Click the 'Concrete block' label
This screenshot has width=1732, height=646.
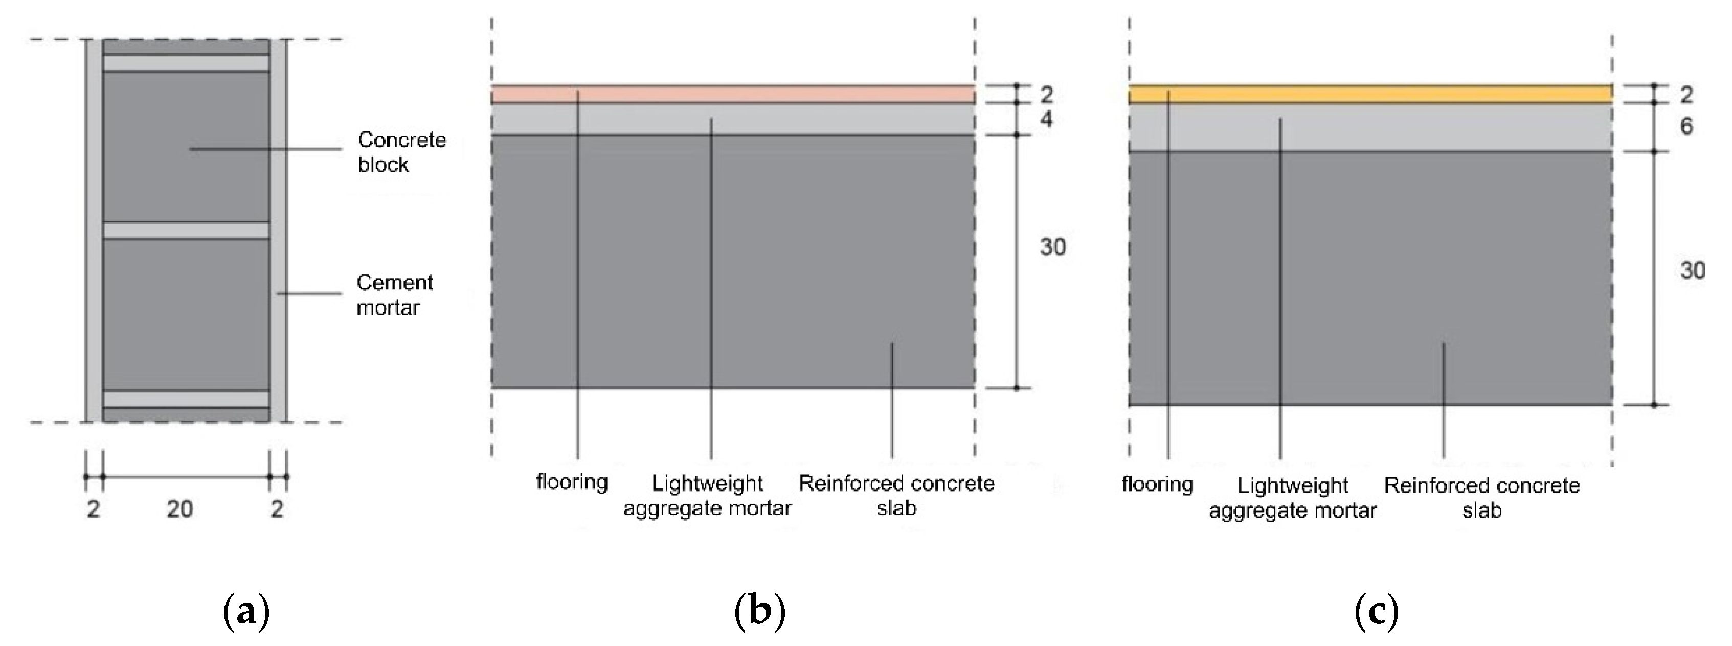click(x=401, y=152)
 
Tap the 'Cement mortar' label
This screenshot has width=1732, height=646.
click(x=395, y=295)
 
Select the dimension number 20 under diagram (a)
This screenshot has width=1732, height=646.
click(x=179, y=509)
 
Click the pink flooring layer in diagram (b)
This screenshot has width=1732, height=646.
click(x=733, y=94)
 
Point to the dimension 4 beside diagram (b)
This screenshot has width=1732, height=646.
click(x=1046, y=120)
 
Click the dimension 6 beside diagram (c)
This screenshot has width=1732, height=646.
click(x=1686, y=126)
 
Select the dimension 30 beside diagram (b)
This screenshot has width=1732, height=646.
click(x=1053, y=248)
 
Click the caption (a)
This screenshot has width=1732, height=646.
click(x=245, y=612)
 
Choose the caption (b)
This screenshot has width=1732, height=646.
click(x=760, y=612)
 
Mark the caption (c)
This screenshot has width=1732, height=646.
click(x=1376, y=612)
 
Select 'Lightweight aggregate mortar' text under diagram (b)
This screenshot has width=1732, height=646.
click(x=707, y=496)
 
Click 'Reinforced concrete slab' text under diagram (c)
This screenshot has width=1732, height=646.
click(x=1482, y=498)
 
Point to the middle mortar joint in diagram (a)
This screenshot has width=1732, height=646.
click(x=186, y=231)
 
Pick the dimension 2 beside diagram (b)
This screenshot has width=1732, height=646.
click(x=1046, y=95)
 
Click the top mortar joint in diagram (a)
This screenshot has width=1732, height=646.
click(x=186, y=63)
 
